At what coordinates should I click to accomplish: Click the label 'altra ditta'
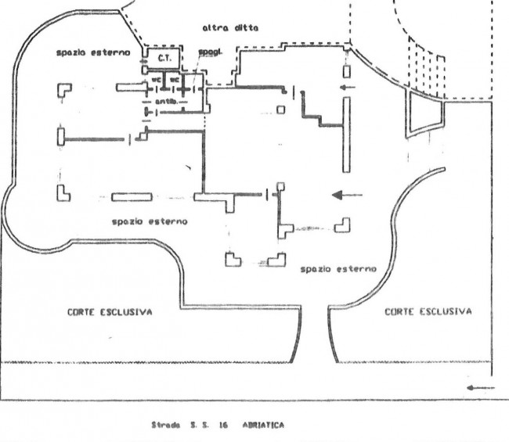(x=230, y=28)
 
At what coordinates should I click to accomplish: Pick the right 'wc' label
(x=175, y=79)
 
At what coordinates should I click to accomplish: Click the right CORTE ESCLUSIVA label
(x=428, y=311)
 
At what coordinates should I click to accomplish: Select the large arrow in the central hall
(x=347, y=195)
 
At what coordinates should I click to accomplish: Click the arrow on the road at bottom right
(x=480, y=387)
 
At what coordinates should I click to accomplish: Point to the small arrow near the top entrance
(x=348, y=87)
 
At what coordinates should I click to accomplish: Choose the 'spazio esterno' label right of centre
(x=338, y=268)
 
